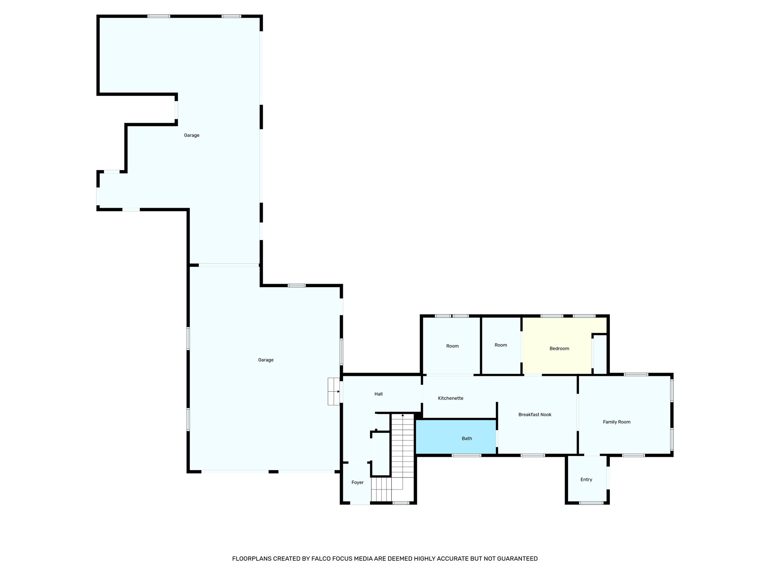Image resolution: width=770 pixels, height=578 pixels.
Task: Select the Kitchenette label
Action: pyautogui.click(x=450, y=398)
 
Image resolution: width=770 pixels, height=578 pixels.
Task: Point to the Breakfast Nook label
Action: pyautogui.click(x=535, y=415)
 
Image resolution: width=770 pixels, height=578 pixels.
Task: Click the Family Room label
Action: pyautogui.click(x=617, y=422)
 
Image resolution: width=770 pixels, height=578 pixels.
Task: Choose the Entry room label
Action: pyautogui.click(x=586, y=479)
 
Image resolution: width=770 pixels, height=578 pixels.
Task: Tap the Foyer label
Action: pyautogui.click(x=357, y=482)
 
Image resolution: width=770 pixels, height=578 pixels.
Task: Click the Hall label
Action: pyautogui.click(x=378, y=394)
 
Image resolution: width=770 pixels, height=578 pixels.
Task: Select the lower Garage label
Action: pyautogui.click(x=265, y=360)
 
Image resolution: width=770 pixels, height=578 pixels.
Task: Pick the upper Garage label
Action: pyautogui.click(x=191, y=135)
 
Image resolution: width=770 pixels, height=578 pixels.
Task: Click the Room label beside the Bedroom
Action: pyautogui.click(x=501, y=345)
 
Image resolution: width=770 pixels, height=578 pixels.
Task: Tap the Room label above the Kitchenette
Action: pyautogui.click(x=452, y=346)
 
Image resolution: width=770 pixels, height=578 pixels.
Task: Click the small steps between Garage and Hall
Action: pyautogui.click(x=333, y=391)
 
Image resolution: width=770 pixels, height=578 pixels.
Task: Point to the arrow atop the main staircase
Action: pyautogui.click(x=403, y=415)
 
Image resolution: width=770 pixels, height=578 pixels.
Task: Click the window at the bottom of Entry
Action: pyautogui.click(x=591, y=503)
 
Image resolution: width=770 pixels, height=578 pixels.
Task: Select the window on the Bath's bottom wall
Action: pyautogui.click(x=466, y=455)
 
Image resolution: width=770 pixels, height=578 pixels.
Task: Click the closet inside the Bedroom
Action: pyautogui.click(x=600, y=354)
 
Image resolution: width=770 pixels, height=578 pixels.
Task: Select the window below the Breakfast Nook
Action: pyautogui.click(x=533, y=455)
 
